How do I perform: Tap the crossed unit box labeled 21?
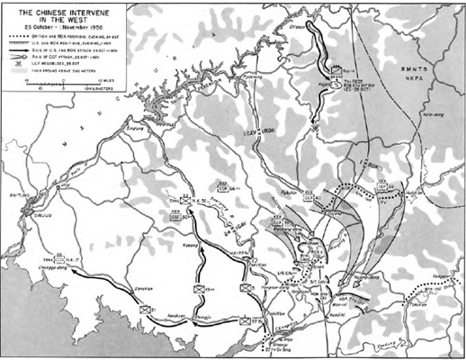coord(143,309)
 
